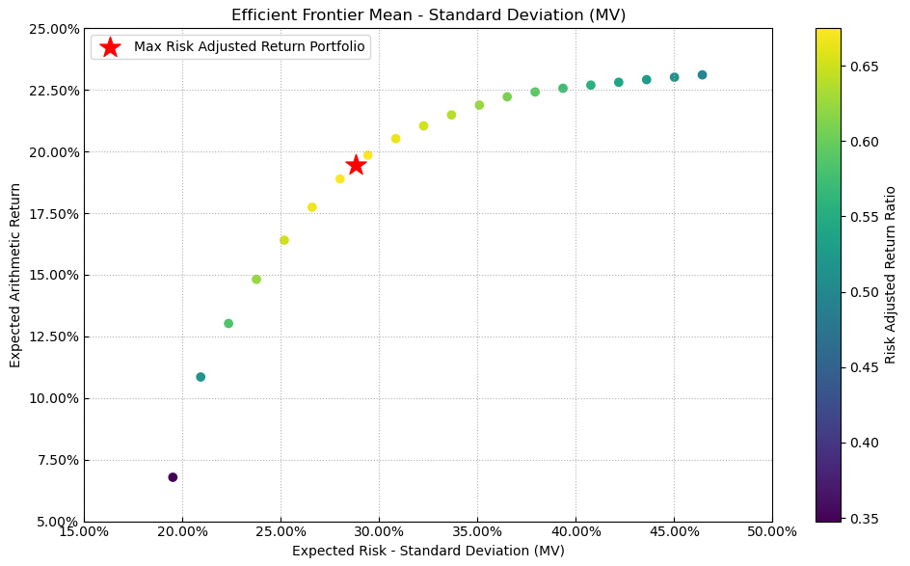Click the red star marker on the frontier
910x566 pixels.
click(x=356, y=165)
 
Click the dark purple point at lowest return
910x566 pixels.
click(x=173, y=477)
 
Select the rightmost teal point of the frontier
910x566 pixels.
click(x=702, y=75)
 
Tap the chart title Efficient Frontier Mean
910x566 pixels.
click(x=428, y=14)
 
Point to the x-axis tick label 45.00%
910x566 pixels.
click(x=674, y=531)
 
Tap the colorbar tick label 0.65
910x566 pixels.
click(x=864, y=67)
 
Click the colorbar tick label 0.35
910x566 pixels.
click(x=864, y=519)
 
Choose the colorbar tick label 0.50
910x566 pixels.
click(x=864, y=292)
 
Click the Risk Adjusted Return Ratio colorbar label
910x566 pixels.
click(x=891, y=275)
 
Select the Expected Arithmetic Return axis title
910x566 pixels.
click(x=15, y=275)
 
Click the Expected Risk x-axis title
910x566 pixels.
click(x=428, y=551)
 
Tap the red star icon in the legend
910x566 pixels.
click(x=111, y=47)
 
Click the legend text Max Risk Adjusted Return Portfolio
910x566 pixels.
click(x=251, y=47)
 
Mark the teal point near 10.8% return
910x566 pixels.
click(x=201, y=377)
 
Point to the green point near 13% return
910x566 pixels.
click(x=228, y=324)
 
